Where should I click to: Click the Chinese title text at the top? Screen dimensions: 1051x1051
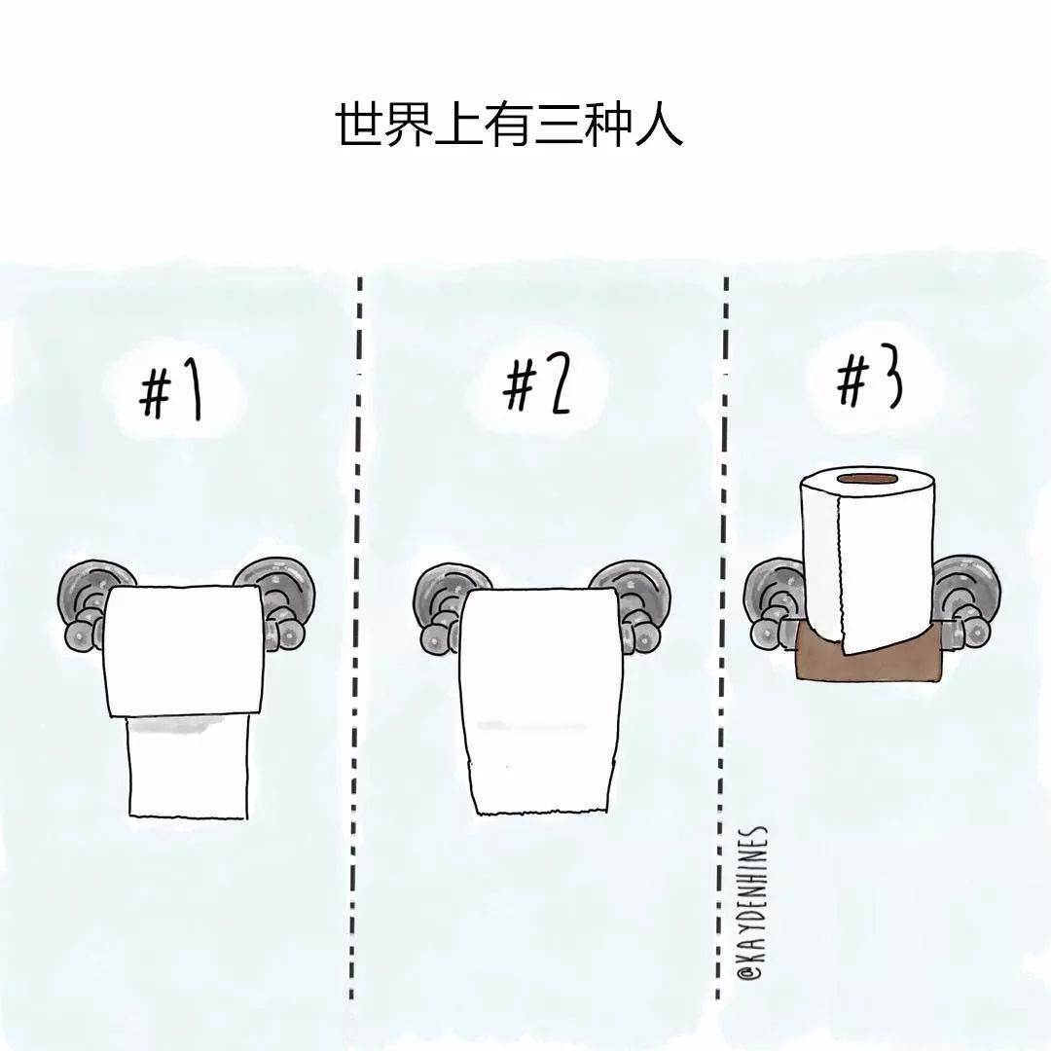point(509,124)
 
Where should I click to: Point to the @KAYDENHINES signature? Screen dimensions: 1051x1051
point(752,906)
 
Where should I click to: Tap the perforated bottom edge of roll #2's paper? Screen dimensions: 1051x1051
point(543,812)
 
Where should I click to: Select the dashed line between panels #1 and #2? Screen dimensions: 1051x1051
point(356,636)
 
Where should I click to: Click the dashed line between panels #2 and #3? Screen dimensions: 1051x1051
point(722,636)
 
